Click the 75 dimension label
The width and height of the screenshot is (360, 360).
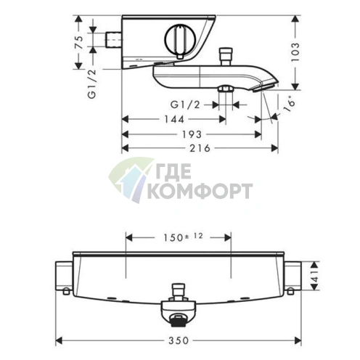click(80, 42)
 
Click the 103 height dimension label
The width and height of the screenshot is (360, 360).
click(295, 52)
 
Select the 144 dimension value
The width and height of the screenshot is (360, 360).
click(174, 119)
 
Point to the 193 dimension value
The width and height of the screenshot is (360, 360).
click(192, 134)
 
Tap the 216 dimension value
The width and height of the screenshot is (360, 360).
click(200, 148)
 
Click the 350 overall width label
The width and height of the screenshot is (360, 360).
click(179, 341)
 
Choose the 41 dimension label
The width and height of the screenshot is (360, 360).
click(314, 276)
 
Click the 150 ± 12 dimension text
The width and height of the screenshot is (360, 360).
click(183, 237)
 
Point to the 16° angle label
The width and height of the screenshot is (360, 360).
click(290, 105)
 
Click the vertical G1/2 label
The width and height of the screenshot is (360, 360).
click(92, 83)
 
